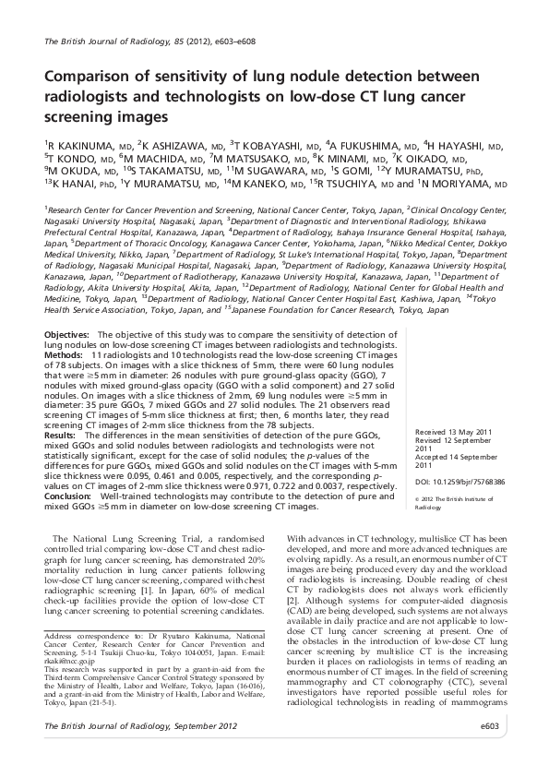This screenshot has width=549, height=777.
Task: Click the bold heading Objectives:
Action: click(x=66, y=332)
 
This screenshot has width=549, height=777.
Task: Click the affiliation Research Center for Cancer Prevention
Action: click(x=125, y=210)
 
